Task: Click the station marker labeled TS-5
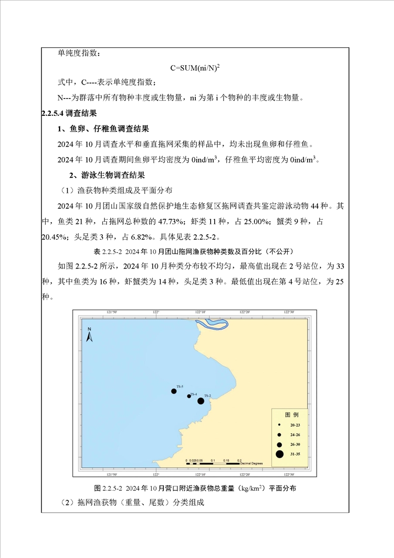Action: point(174,391)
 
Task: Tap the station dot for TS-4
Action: point(189,396)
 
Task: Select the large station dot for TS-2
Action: point(201,401)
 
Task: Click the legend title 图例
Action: point(291,414)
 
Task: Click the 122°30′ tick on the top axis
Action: point(289,312)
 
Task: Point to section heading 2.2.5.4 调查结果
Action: point(69,113)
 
